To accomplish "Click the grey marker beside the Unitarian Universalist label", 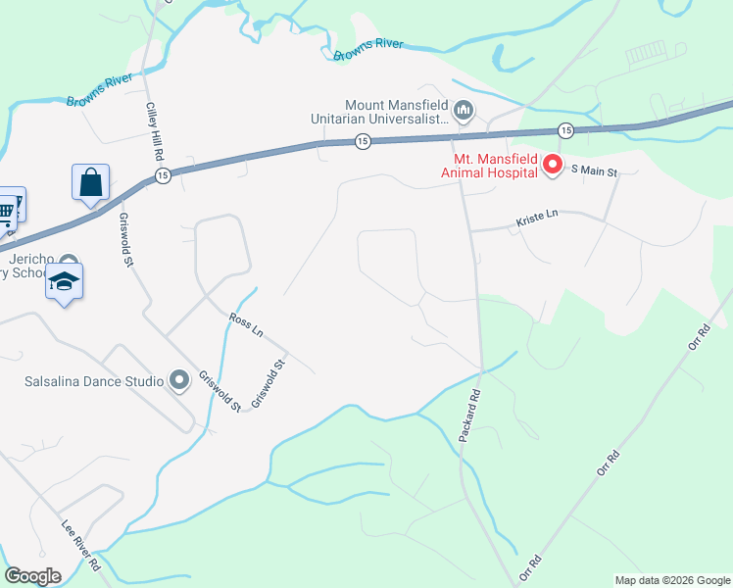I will pyautogui.click(x=464, y=110).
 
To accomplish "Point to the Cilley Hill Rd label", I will pyautogui.click(x=154, y=131).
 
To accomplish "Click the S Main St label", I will pyautogui.click(x=594, y=172).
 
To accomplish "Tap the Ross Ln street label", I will pyautogui.click(x=246, y=325).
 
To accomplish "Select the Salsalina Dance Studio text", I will pyautogui.click(x=94, y=380).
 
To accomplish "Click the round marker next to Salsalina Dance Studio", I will pyautogui.click(x=178, y=379).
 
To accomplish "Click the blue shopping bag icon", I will pyautogui.click(x=90, y=182).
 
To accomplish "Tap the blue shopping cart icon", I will pyautogui.click(x=7, y=209).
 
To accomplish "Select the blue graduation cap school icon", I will pyautogui.click(x=65, y=281).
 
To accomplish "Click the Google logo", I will pyautogui.click(x=32, y=576).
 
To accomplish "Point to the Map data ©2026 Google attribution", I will pyautogui.click(x=671, y=580).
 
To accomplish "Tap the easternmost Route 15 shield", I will pyautogui.click(x=565, y=130).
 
